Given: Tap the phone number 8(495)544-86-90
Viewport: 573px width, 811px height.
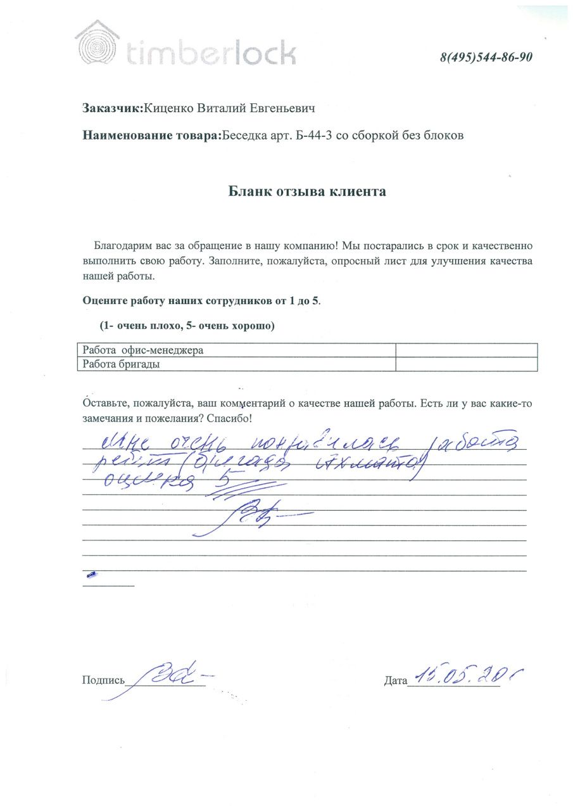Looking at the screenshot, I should tap(486, 57).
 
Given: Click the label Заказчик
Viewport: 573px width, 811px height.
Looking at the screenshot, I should tap(113, 108).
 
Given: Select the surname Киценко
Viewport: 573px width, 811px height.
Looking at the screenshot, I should tap(169, 108).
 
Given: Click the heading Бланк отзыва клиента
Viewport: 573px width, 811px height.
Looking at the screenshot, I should tap(307, 191).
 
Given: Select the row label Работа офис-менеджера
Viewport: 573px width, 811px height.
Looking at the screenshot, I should tap(143, 350).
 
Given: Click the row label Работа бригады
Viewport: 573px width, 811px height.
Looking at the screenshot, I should tap(121, 364).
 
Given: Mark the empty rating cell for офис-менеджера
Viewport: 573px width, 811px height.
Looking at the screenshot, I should tap(466, 350).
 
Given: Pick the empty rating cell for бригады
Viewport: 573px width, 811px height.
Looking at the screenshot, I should tap(466, 364).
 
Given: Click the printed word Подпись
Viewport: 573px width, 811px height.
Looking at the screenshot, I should tap(103, 680).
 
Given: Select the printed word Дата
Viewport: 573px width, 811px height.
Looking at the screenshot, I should tap(395, 681).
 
